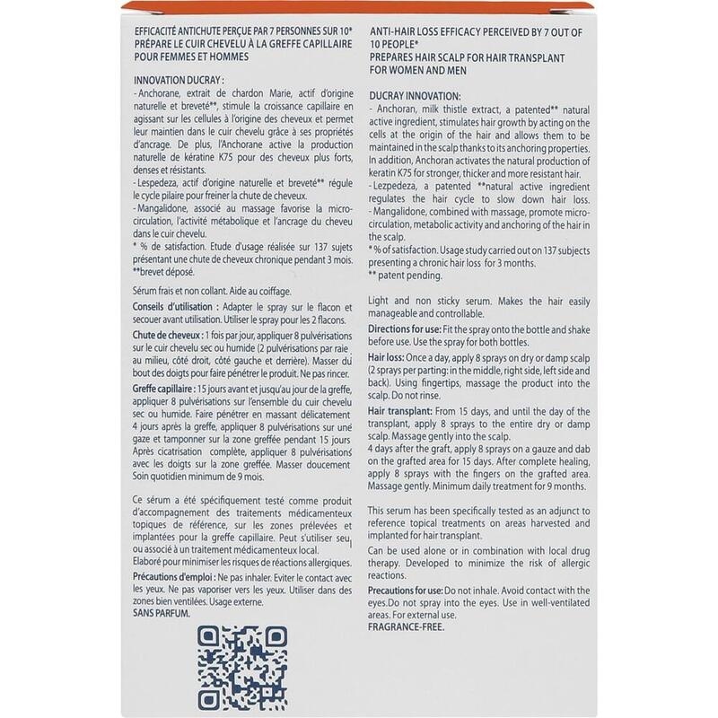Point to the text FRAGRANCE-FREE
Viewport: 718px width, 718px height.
click(x=407, y=627)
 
